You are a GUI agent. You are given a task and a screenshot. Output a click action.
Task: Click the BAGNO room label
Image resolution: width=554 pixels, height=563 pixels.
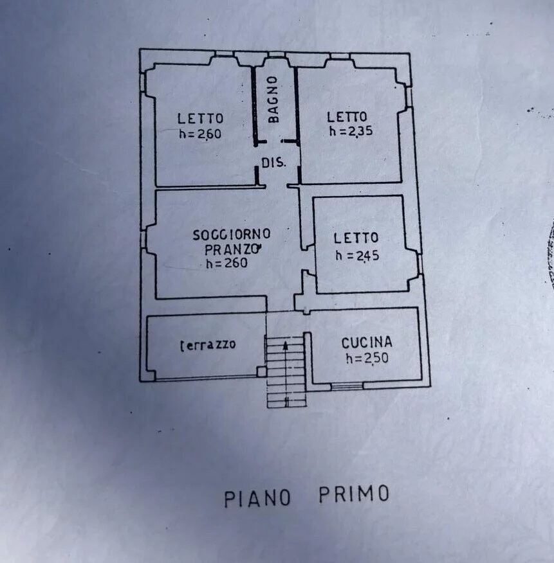tap(273, 100)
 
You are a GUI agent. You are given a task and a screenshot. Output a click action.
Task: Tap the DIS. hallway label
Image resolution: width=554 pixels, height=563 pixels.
tap(273, 163)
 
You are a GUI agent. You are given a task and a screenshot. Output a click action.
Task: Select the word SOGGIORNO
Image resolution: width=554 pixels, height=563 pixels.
tap(232, 235)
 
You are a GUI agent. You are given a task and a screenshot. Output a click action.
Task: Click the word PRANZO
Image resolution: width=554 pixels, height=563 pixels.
tap(232, 249)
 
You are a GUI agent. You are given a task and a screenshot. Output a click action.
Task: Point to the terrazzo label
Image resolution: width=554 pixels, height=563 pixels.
tap(208, 344)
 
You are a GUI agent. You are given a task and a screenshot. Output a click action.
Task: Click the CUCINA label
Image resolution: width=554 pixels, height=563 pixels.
tap(367, 343)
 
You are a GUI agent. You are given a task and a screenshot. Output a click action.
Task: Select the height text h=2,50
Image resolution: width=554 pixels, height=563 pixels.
tap(367, 358)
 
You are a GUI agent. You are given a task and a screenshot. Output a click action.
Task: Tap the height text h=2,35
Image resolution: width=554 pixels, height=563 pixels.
tap(351, 131)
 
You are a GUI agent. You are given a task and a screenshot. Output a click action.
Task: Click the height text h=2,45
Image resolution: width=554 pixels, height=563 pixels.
tap(357, 255)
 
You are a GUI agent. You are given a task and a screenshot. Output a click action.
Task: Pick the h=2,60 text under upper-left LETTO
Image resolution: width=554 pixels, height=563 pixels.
tap(200, 134)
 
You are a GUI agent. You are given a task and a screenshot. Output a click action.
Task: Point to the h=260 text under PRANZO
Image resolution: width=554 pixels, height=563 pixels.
tap(227, 263)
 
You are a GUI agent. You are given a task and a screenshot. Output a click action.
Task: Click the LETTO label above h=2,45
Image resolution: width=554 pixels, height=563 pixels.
tap(356, 238)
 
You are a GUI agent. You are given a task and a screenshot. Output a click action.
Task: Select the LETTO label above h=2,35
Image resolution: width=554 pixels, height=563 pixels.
tap(347, 117)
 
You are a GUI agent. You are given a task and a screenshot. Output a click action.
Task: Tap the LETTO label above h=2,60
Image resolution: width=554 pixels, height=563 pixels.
tap(200, 118)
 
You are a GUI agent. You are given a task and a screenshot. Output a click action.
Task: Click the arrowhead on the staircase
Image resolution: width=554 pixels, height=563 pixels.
tap(286, 345)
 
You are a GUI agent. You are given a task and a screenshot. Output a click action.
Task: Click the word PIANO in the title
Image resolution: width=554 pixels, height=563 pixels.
tap(257, 498)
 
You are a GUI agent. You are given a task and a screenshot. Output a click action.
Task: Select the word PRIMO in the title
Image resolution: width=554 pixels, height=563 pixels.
tap(354, 494)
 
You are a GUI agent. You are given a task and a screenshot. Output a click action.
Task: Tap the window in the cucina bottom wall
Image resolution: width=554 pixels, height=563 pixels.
tap(347, 386)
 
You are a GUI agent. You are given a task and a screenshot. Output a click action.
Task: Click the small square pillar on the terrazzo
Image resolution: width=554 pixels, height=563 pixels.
tap(261, 371)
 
